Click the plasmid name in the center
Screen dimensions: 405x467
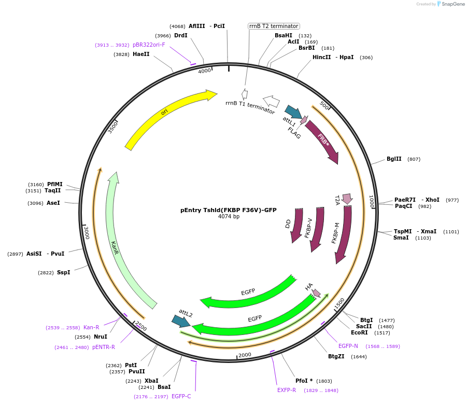click(228, 210)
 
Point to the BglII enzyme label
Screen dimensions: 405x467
click(394, 159)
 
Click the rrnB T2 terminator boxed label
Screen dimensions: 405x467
click(274, 26)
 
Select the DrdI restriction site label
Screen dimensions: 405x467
click(181, 35)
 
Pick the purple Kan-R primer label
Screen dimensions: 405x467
click(91, 327)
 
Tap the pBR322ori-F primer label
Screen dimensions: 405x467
click(149, 45)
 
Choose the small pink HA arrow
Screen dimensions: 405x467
click(317, 294)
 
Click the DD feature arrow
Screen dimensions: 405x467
click(297, 225)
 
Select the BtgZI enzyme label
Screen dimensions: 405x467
click(336, 356)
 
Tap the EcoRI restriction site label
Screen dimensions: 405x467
click(359, 332)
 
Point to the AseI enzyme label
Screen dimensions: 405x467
click(53, 203)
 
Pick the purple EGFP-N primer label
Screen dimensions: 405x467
click(348, 346)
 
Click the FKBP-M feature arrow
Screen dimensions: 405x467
click(343, 233)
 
